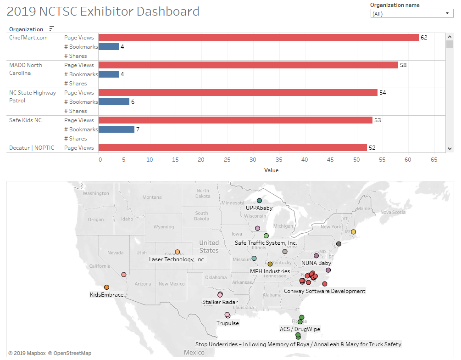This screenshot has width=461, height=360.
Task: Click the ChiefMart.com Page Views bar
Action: pyautogui.click(x=258, y=38)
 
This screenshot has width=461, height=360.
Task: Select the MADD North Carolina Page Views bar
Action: pyautogui.click(x=248, y=65)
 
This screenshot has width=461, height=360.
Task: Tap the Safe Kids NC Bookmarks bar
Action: pyautogui.click(x=117, y=129)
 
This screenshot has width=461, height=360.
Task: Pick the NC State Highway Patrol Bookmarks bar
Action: pyautogui.click(x=114, y=102)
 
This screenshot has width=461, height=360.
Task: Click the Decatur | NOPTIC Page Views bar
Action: pyautogui.click(x=233, y=148)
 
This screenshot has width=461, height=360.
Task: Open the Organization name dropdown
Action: pyautogui.click(x=411, y=14)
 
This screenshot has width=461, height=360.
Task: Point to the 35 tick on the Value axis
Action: pyautogui.click(x=227, y=160)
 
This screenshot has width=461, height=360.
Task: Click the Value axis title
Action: pyautogui.click(x=271, y=170)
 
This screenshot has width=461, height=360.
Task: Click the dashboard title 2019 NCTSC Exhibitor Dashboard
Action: pyautogui.click(x=104, y=11)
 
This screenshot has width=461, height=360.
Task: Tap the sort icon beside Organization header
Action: pyautogui.click(x=52, y=28)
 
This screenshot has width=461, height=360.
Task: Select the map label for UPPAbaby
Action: pyautogui.click(x=259, y=208)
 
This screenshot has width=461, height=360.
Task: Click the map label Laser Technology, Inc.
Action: pyautogui.click(x=177, y=259)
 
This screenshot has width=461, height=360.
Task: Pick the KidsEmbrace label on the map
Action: pyautogui.click(x=107, y=295)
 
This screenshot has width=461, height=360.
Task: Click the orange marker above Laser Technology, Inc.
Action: pyautogui.click(x=178, y=252)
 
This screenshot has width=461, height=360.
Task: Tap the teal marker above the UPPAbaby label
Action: pyautogui.click(x=259, y=201)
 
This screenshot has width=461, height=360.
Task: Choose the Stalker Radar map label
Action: pyautogui.click(x=220, y=302)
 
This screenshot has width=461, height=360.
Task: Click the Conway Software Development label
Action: pyautogui.click(x=325, y=291)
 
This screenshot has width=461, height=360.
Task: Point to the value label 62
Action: pyautogui.click(x=424, y=38)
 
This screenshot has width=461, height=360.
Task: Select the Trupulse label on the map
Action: pyautogui.click(x=228, y=323)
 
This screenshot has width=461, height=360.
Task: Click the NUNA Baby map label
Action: pyautogui.click(x=316, y=263)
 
